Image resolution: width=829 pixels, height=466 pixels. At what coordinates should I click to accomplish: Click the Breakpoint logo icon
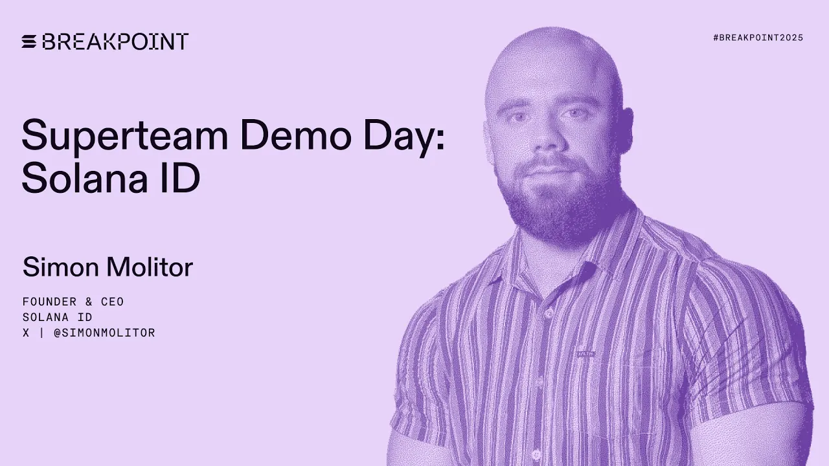pyautogui.click(x=30, y=42)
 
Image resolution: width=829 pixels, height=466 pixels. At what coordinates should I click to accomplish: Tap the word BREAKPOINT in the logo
pyautogui.click(x=115, y=42)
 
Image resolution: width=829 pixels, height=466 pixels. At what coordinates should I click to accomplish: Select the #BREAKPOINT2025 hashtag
pyautogui.click(x=758, y=38)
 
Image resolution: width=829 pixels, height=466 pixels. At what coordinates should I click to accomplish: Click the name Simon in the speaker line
pyautogui.click(x=54, y=267)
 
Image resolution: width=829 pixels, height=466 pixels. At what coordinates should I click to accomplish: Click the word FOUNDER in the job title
pyautogui.click(x=49, y=302)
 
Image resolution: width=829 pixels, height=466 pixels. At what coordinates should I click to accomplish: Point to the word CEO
pyautogui.click(x=112, y=302)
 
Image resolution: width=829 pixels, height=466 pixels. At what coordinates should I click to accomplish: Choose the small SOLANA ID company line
pyautogui.click(x=57, y=317)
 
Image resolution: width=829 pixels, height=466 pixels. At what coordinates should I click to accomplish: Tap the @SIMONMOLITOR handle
pyautogui.click(x=104, y=333)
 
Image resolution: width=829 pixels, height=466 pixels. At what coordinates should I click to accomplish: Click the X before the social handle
pyautogui.click(x=26, y=333)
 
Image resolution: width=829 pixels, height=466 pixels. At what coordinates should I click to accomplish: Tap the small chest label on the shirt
pyautogui.click(x=585, y=354)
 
